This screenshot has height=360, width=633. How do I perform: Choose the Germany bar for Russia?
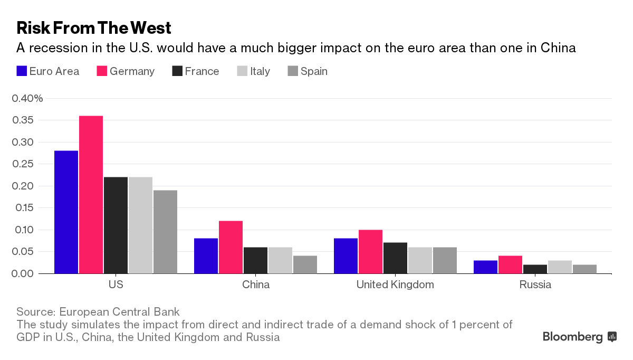click(510, 264)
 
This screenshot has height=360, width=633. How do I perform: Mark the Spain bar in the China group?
click(305, 264)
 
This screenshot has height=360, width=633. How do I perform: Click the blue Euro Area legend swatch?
click(22, 71)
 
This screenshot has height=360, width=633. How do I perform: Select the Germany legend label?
click(132, 71)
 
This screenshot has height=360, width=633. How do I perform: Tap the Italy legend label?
click(260, 71)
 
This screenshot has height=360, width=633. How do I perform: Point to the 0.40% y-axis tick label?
click(27, 98)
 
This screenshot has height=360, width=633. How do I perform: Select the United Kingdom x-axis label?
click(395, 285)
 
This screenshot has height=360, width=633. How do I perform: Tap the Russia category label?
click(535, 285)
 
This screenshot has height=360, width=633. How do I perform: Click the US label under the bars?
click(116, 285)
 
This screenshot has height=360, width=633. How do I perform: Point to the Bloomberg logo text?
click(572, 337)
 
